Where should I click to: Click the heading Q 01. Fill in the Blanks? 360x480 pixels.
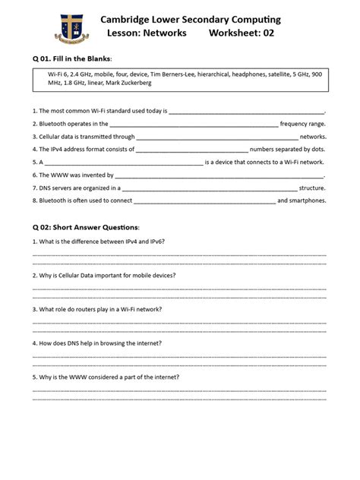pos(73,58)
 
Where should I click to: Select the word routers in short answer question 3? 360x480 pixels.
pos(87,309)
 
